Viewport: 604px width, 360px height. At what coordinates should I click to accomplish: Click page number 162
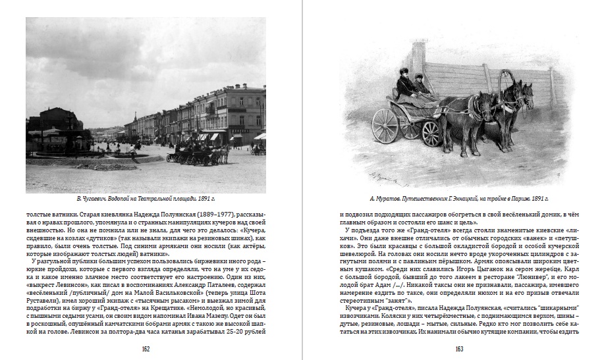(146, 349)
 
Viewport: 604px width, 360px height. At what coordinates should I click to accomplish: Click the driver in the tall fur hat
(403, 82)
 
